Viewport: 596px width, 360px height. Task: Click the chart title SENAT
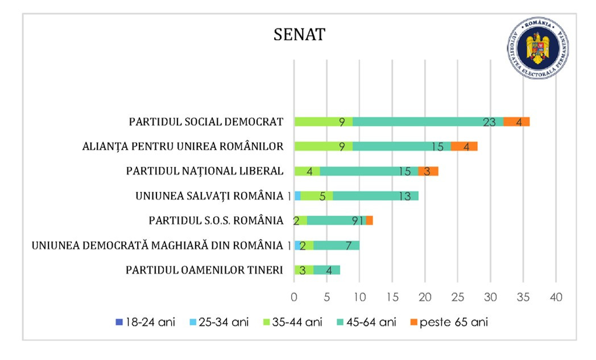pyautogui.click(x=299, y=35)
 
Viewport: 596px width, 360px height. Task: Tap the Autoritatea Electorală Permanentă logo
pyautogui.click(x=538, y=48)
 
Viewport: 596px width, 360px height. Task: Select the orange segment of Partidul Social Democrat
pyautogui.click(x=516, y=122)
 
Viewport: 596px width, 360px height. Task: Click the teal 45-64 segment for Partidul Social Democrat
pyautogui.click(x=428, y=122)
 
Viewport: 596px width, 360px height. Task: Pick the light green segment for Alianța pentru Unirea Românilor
pyautogui.click(x=323, y=146)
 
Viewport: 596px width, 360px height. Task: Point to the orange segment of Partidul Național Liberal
pyautogui.click(x=428, y=171)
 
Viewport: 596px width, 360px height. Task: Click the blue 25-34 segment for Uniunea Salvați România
pyautogui.click(x=297, y=196)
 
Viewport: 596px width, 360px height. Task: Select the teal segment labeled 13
pyautogui.click(x=375, y=196)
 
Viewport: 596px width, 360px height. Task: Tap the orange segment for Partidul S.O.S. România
pyautogui.click(x=370, y=220)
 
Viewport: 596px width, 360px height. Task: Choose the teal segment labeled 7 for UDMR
pyautogui.click(x=336, y=245)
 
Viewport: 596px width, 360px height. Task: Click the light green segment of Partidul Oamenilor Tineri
pyautogui.click(x=304, y=270)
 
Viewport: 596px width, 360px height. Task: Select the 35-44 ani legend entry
pyautogui.click(x=292, y=322)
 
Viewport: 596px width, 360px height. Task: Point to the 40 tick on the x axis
pyautogui.click(x=556, y=297)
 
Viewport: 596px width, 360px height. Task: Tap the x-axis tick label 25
pyautogui.click(x=458, y=297)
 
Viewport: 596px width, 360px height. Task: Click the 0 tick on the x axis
pyautogui.click(x=294, y=297)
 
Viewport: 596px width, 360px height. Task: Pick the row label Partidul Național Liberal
pyautogui.click(x=204, y=171)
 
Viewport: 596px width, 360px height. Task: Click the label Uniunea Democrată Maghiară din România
pyautogui.click(x=157, y=245)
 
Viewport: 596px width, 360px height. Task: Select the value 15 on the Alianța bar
pyautogui.click(x=437, y=147)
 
